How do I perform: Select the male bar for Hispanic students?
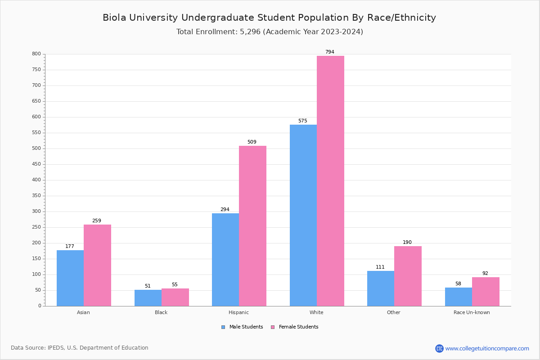click(x=225, y=260)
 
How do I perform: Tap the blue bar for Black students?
click(x=148, y=298)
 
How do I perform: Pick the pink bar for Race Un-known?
click(x=486, y=292)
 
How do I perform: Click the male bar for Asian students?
click(x=70, y=278)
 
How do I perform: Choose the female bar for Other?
click(x=408, y=276)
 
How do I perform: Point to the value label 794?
click(x=330, y=52)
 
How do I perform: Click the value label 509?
click(x=252, y=142)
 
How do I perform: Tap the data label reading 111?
click(x=380, y=267)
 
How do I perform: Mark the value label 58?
click(x=458, y=284)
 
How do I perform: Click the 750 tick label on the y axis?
click(x=36, y=70)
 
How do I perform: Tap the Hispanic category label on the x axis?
click(x=238, y=312)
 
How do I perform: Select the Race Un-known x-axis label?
click(x=472, y=312)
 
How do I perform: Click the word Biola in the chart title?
click(x=115, y=18)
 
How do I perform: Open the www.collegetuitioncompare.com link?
click(x=487, y=348)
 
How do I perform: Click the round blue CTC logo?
click(x=439, y=348)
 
